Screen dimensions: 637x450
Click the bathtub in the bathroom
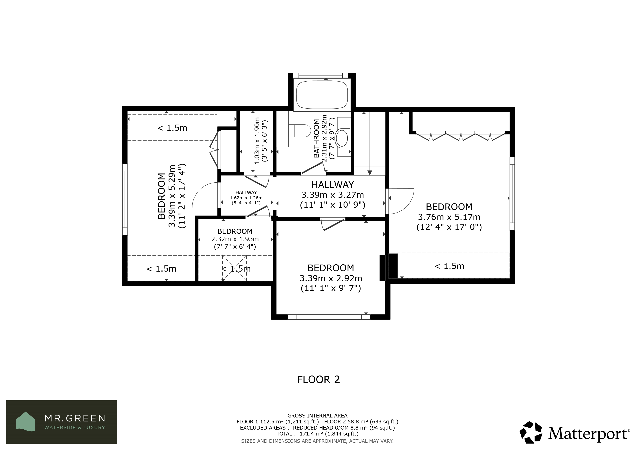(x=322, y=95)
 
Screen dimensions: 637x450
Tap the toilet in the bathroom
(x=300, y=131)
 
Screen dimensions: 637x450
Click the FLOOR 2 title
(x=318, y=379)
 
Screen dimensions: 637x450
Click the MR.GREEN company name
(x=75, y=418)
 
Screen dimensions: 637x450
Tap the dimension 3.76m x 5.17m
(x=449, y=217)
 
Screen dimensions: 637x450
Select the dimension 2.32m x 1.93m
(x=235, y=239)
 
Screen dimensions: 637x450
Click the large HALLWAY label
(x=333, y=185)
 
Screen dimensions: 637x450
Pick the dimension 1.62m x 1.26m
(x=246, y=198)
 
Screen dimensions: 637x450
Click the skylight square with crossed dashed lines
(x=234, y=268)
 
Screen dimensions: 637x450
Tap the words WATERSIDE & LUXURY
(x=75, y=428)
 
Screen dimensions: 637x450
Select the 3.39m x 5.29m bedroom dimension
(x=172, y=196)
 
